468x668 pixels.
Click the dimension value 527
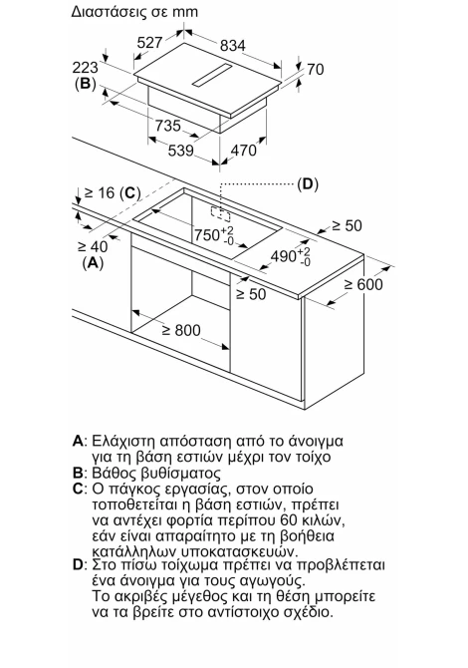[x=149, y=42]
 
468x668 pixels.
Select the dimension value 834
[x=233, y=45]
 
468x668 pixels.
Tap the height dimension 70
[x=316, y=69]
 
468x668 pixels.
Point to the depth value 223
[x=85, y=68]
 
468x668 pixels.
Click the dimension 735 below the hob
[x=167, y=126]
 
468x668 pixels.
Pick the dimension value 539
[x=181, y=150]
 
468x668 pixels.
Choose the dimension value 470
[x=243, y=150]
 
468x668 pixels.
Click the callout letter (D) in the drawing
[x=308, y=184]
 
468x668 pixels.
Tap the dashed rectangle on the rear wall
[x=221, y=214]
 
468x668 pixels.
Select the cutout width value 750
[x=207, y=234]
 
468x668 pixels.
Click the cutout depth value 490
[x=284, y=256]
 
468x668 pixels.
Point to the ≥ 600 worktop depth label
[x=363, y=284]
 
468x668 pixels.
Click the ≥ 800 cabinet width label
[x=181, y=330]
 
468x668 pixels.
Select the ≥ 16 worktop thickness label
[x=101, y=193]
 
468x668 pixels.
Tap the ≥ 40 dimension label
[x=93, y=246]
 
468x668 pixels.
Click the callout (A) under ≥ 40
[x=93, y=263]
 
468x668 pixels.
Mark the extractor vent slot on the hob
[x=212, y=76]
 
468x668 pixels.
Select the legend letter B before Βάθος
[x=78, y=473]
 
